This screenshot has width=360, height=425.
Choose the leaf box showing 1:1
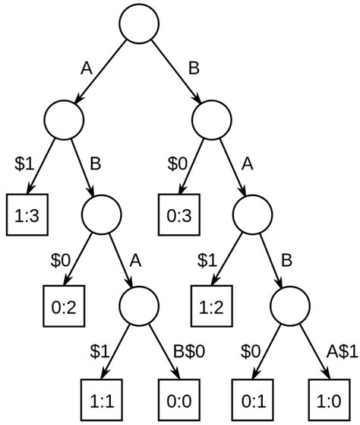pos(101,399)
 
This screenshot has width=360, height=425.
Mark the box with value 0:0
pos(176,399)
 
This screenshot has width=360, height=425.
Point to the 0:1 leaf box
pos(251,399)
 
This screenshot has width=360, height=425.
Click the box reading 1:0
pos(327,399)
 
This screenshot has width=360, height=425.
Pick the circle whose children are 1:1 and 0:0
pos(139,305)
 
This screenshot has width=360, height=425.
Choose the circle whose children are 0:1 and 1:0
pos(289,305)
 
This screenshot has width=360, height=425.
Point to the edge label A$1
pos(342,352)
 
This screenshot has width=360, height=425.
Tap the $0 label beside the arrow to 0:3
pos(175,163)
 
